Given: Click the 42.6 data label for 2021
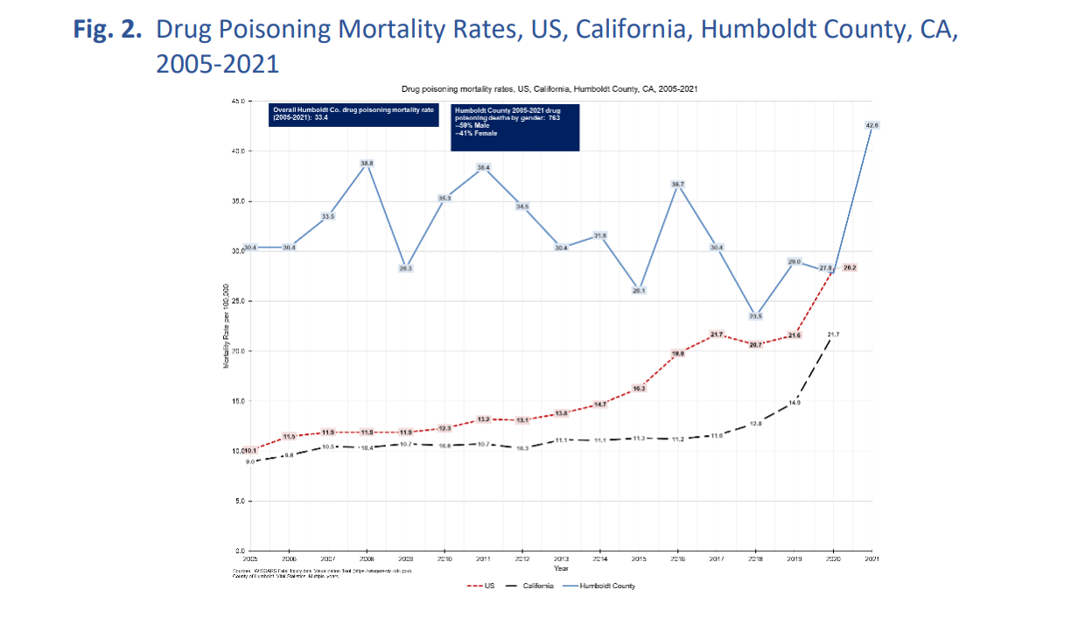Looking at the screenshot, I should pyautogui.click(x=871, y=126).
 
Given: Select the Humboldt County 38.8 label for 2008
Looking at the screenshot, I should pyautogui.click(x=367, y=164).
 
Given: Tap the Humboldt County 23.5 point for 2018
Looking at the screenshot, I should pyautogui.click(x=755, y=316).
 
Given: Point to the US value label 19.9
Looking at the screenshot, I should pyautogui.click(x=677, y=354).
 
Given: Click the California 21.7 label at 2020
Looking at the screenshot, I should pyautogui.click(x=833, y=335).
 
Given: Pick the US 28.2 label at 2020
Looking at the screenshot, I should pyautogui.click(x=849, y=268).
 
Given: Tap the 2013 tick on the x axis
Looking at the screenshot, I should pyautogui.click(x=561, y=558).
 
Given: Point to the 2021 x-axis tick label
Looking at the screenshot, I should pyautogui.click(x=871, y=558).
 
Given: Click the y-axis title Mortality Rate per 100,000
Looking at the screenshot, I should pyautogui.click(x=227, y=326).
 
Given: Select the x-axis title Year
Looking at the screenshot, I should pyautogui.click(x=561, y=568).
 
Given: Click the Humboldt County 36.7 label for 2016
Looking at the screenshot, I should pyautogui.click(x=677, y=185).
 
